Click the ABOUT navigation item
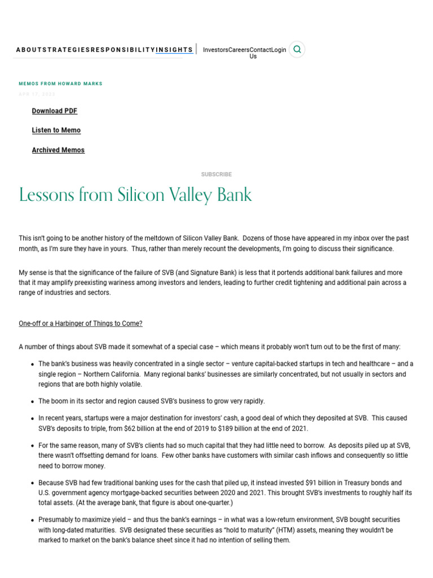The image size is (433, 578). point(29,50)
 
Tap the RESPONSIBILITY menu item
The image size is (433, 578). point(123,50)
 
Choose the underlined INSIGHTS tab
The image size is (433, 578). point(174,50)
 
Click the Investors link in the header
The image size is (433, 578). point(215,50)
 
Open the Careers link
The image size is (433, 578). point(238,50)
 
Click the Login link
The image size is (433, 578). point(279,50)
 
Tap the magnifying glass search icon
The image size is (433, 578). point(297,49)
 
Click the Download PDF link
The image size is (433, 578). point(55,111)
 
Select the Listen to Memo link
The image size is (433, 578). point(56,130)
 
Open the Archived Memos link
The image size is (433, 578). point(58,150)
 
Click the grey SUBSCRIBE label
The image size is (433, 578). point(216,174)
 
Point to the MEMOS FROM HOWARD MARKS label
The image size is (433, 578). point(61,84)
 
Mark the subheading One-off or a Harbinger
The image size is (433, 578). point(81,323)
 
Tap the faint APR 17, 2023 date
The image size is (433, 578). point(37,94)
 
